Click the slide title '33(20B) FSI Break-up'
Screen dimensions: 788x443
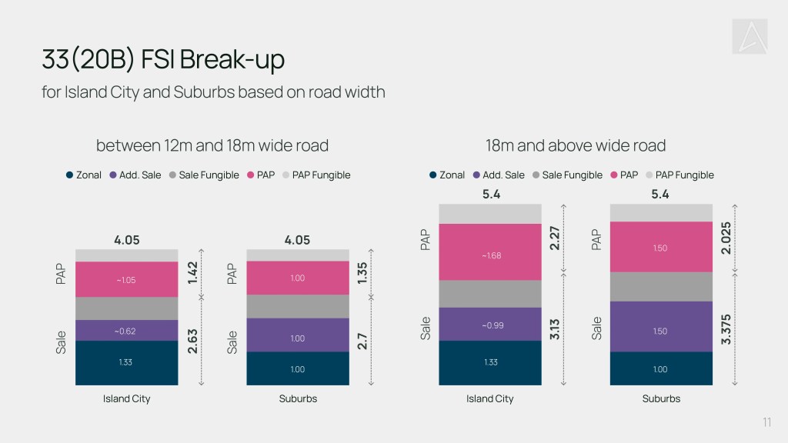coord(163,59)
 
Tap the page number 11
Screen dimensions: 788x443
coord(766,422)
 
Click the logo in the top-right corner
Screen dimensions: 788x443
coord(750,36)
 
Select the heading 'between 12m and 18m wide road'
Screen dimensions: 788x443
coord(212,145)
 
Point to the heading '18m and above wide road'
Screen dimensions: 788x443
coord(576,145)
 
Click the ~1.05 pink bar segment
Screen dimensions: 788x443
coord(127,279)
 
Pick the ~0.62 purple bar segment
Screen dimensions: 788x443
coord(127,331)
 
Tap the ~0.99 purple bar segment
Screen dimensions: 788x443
coord(490,325)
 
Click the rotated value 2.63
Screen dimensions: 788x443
coord(192,341)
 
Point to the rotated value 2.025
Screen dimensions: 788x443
coord(726,238)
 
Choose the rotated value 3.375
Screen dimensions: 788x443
coord(726,329)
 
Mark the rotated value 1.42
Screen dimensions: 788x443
coord(192,273)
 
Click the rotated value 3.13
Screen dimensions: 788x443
coord(554,329)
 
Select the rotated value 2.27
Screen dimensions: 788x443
coord(554,238)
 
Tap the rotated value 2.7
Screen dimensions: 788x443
coord(362,341)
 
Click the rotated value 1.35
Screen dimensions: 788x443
coord(362,273)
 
